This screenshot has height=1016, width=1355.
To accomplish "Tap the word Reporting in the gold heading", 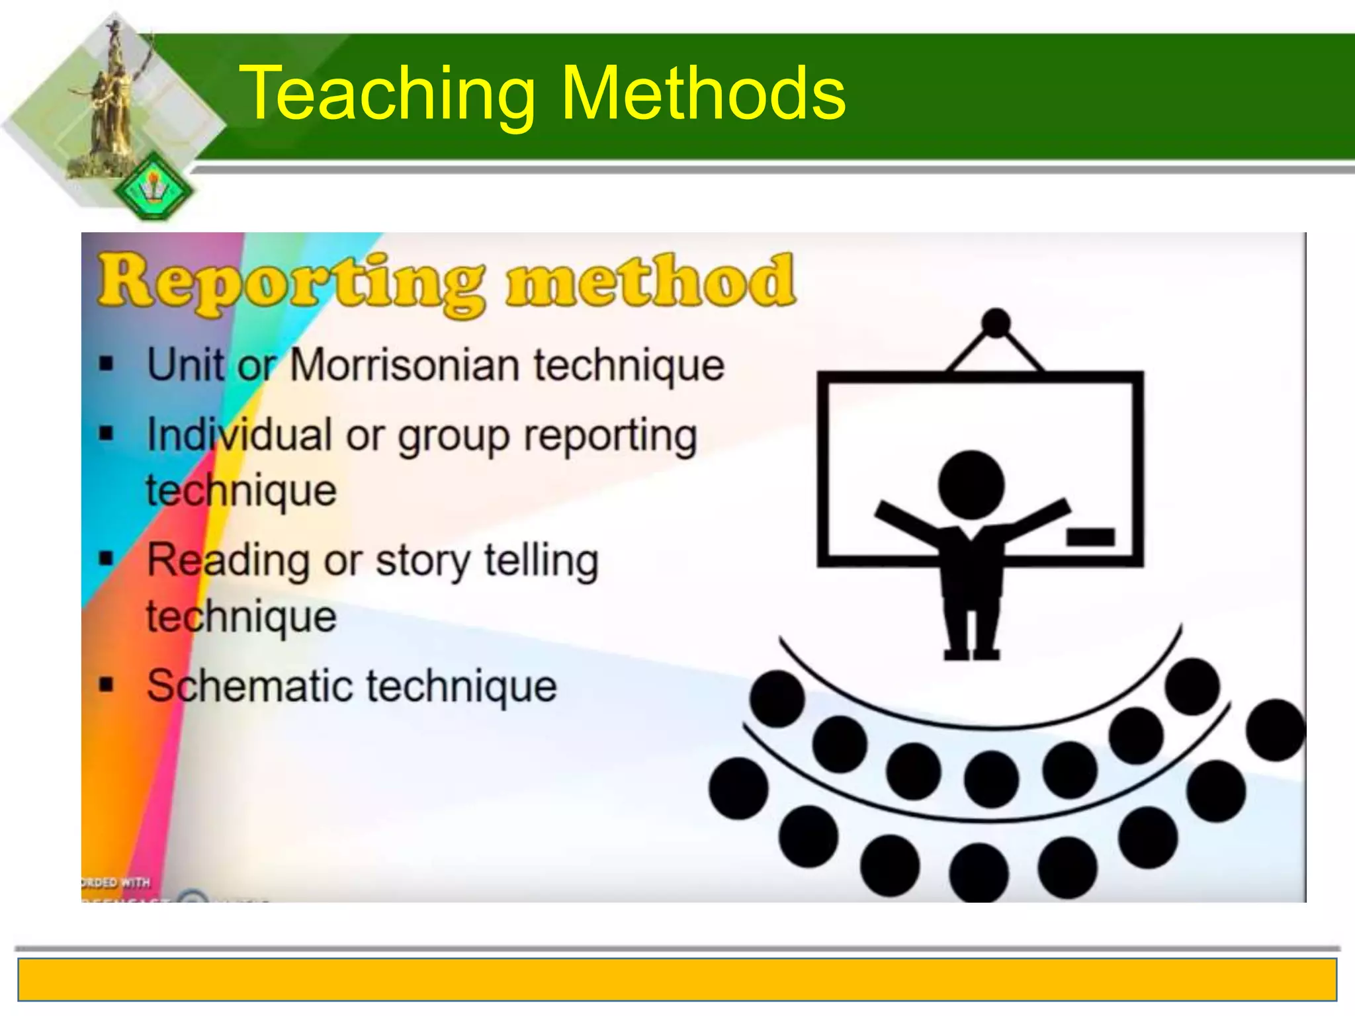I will [x=291, y=283].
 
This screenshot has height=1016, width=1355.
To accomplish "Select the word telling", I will [x=541, y=562].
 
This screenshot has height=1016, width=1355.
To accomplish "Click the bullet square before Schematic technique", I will [x=107, y=685].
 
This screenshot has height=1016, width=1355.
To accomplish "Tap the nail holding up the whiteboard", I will [x=996, y=323].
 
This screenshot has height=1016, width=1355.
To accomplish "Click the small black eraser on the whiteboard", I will [x=1090, y=536].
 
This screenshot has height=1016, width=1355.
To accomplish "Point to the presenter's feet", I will [x=971, y=654].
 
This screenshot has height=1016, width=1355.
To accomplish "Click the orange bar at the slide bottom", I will [x=677, y=980].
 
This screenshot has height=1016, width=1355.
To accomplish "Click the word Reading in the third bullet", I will [x=228, y=562].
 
